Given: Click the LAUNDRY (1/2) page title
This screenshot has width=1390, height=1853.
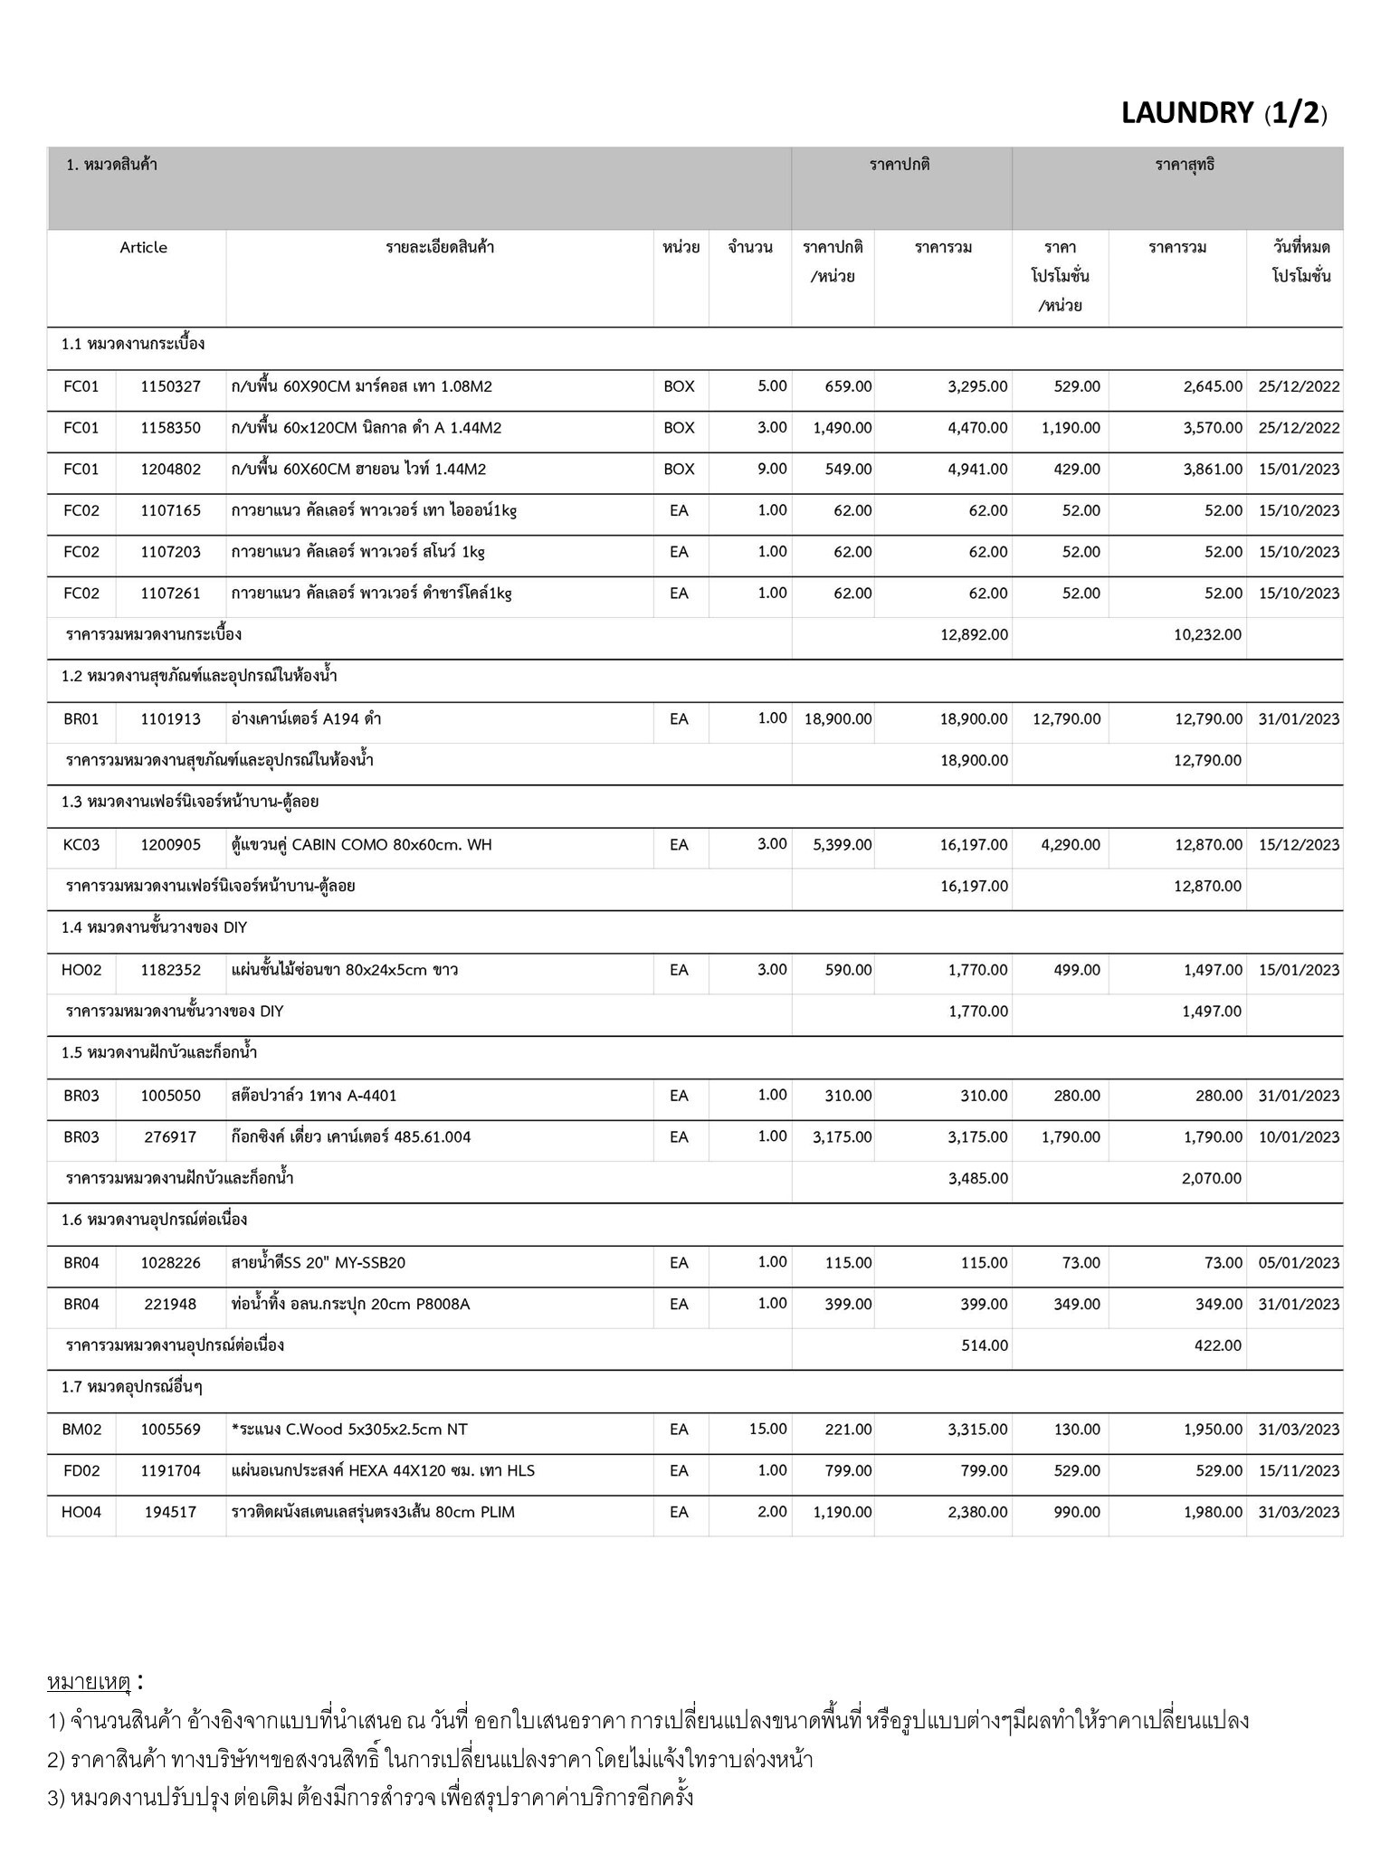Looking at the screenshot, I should point(1223,113).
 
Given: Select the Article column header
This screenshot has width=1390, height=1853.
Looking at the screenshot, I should point(143,248).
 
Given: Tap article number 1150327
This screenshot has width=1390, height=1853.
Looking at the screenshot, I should point(171,387).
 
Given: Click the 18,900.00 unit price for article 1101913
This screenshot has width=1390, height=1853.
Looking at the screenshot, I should point(838,719).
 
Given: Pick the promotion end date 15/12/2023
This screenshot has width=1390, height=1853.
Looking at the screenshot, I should point(1299,845).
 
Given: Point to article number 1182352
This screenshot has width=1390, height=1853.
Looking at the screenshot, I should point(171,971).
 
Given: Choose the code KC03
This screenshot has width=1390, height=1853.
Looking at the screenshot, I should point(81,845).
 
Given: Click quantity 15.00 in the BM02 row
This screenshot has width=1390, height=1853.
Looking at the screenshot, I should point(767,1430).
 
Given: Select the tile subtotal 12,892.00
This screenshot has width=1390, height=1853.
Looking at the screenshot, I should point(974,635).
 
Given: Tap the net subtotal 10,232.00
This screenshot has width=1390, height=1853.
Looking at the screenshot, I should point(1207,635).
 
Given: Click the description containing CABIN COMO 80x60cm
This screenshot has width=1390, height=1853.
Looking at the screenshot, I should point(362,845).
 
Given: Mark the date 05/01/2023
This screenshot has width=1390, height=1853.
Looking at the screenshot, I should point(1299,1263).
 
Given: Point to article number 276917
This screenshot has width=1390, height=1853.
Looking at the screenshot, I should point(171,1137).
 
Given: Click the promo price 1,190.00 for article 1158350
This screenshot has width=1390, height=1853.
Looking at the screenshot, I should point(1070,428).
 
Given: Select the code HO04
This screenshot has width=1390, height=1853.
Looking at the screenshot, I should point(81,1512).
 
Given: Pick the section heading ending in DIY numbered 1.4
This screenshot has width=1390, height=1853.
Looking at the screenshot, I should point(155,928).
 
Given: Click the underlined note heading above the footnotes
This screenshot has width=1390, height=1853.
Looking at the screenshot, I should point(90,1682).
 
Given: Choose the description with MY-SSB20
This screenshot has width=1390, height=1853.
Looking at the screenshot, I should point(319,1263).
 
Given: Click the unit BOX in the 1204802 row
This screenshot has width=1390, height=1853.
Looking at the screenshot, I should point(679,470).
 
